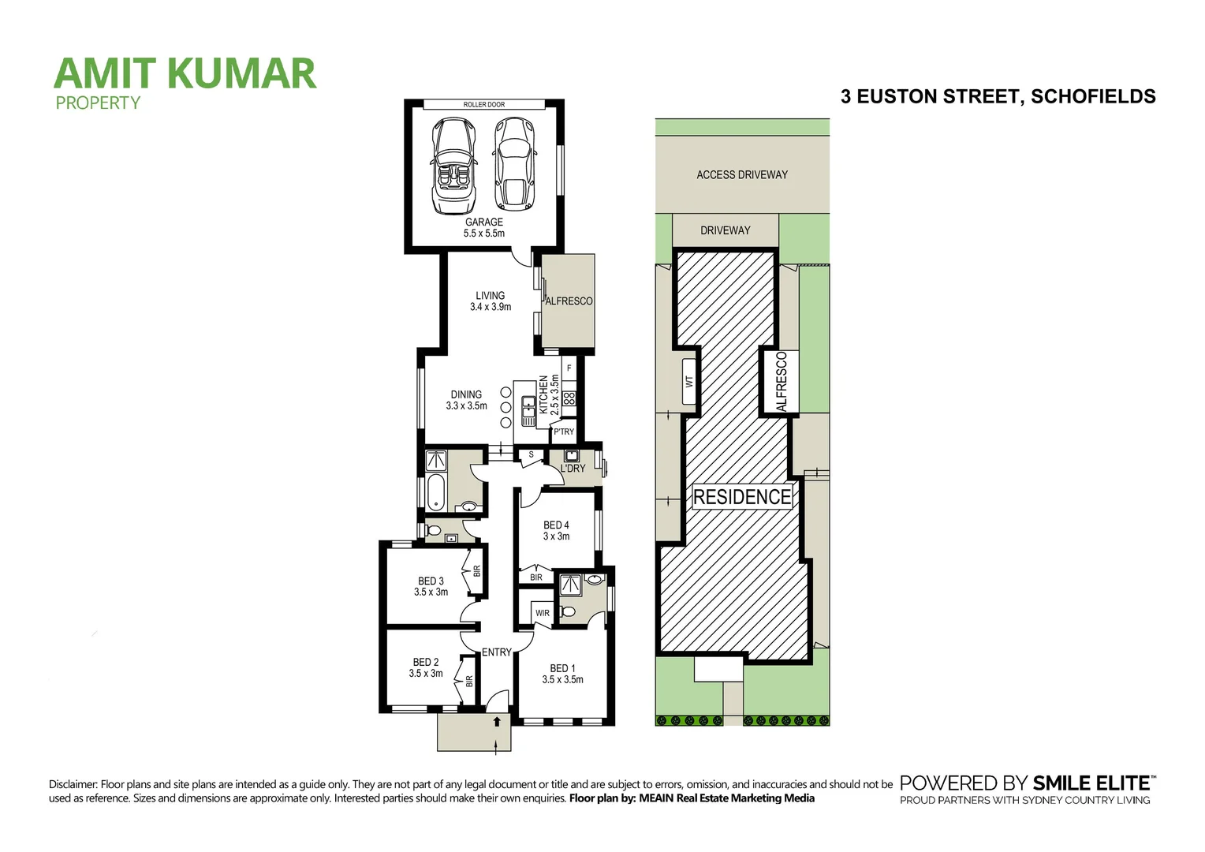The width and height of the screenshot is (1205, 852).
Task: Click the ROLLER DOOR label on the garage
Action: coord(483,104)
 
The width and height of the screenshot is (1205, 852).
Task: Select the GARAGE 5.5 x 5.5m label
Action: coord(484,228)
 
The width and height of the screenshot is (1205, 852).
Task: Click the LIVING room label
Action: coord(491,301)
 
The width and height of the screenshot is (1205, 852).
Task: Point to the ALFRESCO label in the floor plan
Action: coord(569,301)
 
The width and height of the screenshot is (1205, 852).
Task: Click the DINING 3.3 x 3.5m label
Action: coord(466,400)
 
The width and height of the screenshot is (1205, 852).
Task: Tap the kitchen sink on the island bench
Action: coord(528,410)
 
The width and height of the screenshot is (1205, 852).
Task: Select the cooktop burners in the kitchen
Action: coord(569,398)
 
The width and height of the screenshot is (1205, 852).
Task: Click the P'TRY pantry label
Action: coord(564,432)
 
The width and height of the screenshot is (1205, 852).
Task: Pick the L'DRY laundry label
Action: coord(573,469)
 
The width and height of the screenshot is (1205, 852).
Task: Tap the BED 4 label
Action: coord(556,530)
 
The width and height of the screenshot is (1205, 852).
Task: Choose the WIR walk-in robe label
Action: coord(543,613)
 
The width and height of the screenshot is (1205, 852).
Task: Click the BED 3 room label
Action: coord(431,586)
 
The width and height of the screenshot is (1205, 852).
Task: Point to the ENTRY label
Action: coord(497,652)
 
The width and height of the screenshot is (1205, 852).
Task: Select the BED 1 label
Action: coord(562,674)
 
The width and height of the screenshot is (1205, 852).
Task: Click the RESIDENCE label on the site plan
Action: coord(741,497)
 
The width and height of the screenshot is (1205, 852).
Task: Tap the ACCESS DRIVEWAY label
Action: coord(742,175)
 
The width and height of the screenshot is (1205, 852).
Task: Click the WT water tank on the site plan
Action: coord(689,381)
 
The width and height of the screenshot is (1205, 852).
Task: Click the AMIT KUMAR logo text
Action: coord(185,74)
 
